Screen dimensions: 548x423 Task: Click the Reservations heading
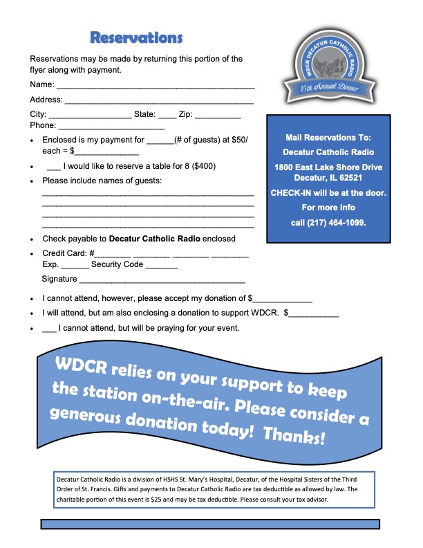tap(136, 37)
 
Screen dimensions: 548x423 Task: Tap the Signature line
tap(162, 282)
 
